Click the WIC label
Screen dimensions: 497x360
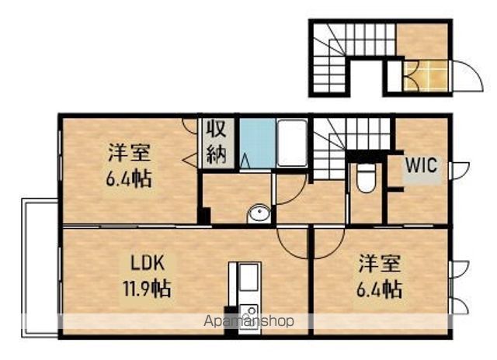click(x=421, y=164)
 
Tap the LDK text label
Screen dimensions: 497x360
click(x=148, y=264)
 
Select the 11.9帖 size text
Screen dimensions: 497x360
click(x=147, y=289)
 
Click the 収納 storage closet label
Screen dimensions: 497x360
click(x=217, y=143)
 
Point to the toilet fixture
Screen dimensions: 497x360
click(x=366, y=178)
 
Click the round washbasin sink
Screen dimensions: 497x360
click(x=259, y=213)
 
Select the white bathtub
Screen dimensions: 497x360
click(x=292, y=143)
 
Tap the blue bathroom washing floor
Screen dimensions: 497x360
click(x=257, y=143)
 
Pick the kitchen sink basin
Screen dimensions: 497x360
click(x=248, y=278)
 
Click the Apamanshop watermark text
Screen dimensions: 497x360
click(x=248, y=321)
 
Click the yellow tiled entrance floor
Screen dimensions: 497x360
click(x=426, y=76)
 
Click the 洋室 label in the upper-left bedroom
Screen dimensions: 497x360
click(x=130, y=152)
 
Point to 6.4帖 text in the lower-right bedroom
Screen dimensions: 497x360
click(x=380, y=289)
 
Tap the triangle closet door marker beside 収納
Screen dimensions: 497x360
click(x=190, y=160)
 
